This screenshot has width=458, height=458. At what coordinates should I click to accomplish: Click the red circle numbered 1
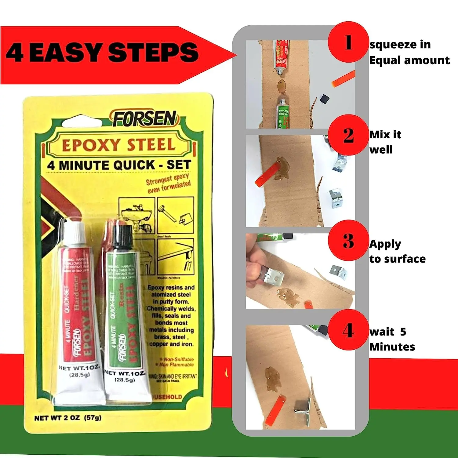click(x=348, y=42)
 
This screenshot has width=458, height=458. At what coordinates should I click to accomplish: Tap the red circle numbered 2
click(x=348, y=135)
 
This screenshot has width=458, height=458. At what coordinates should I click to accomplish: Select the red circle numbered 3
click(x=348, y=241)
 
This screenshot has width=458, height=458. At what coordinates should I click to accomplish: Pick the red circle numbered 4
click(x=348, y=330)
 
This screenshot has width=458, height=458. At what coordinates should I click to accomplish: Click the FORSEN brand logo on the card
click(x=145, y=119)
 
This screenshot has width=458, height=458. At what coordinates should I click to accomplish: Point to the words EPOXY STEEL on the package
click(x=119, y=145)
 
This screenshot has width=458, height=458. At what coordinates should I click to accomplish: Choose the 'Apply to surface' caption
click(x=397, y=251)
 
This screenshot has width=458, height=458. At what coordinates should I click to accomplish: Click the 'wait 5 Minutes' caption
click(x=392, y=339)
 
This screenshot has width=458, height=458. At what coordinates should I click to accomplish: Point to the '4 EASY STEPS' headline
click(x=102, y=53)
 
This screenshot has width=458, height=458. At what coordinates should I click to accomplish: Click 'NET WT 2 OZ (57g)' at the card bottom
click(x=68, y=418)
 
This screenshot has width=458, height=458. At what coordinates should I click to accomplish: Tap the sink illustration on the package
click(x=137, y=215)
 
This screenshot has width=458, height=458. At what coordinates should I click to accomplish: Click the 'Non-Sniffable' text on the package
click(x=178, y=359)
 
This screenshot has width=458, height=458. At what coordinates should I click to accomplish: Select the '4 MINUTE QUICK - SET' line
click(x=119, y=165)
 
